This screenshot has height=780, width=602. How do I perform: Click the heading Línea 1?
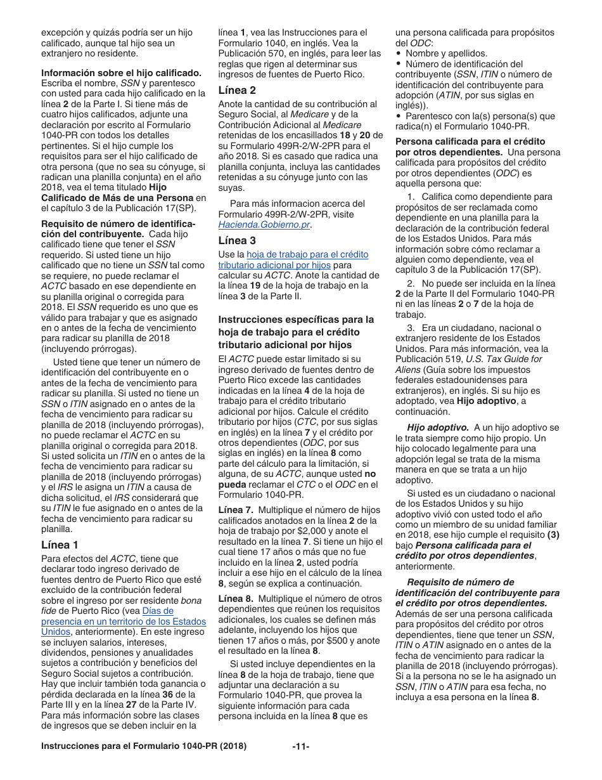pos(60,545)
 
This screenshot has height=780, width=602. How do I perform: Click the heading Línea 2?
pos(237,90)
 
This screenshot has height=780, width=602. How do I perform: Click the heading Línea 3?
pos(237,240)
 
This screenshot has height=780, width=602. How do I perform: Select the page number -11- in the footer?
pos(300,746)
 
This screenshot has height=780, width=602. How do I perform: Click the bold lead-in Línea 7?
pos(236,510)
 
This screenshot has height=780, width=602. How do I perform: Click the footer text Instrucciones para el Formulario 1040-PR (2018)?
pos(143,746)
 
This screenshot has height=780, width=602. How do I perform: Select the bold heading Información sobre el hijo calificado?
pos(122,73)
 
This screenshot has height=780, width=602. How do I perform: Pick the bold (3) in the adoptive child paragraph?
pos(553,535)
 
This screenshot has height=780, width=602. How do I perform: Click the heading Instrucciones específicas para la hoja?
pos(296,319)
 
